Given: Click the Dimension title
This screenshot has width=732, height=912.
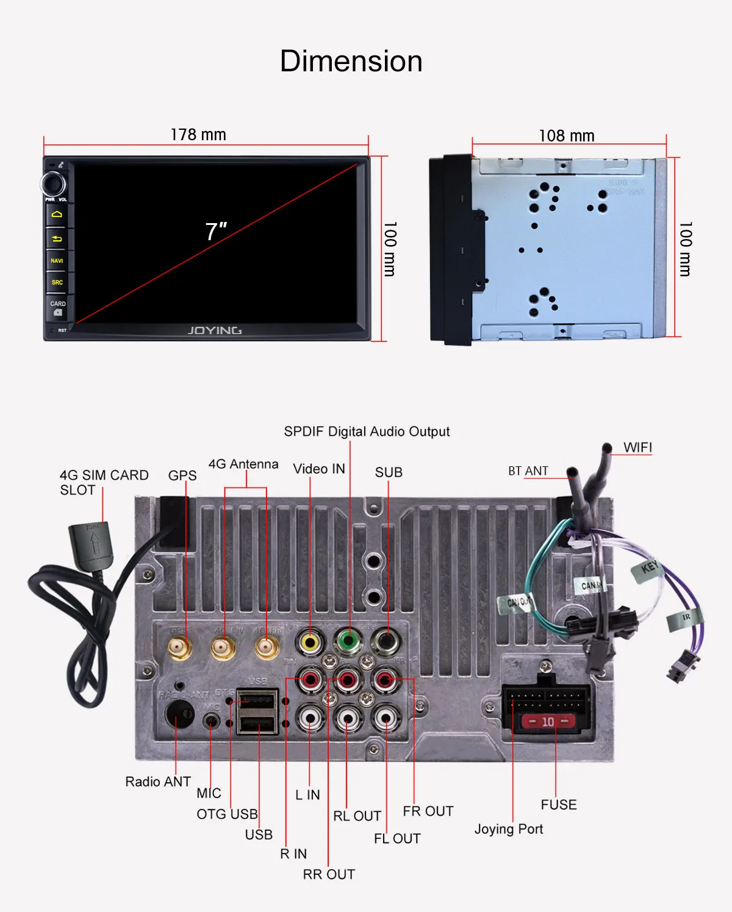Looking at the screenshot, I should click(351, 62).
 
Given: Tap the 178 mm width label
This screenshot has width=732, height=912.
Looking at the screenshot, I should click(198, 135).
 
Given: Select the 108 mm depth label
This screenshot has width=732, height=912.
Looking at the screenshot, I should click(566, 135).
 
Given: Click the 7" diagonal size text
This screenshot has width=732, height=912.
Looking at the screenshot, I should click(216, 232).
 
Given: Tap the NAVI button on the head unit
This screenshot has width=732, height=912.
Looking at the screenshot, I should click(57, 260).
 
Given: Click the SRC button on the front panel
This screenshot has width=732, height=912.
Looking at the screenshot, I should click(57, 282).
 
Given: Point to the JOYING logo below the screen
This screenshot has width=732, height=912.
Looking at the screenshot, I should click(214, 330).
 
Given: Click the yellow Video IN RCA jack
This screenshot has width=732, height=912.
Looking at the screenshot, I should click(310, 641).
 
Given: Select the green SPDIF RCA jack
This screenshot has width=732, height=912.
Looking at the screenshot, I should click(348, 641).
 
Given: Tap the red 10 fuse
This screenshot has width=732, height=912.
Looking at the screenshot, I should click(548, 722).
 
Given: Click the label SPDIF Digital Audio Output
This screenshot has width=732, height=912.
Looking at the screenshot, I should click(367, 432).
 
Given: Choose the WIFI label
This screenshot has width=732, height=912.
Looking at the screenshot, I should click(637, 447).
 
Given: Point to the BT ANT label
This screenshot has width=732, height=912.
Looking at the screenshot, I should click(528, 471).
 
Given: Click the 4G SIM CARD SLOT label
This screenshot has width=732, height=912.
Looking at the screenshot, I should click(104, 482).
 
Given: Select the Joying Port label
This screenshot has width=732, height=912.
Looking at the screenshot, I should click(509, 829).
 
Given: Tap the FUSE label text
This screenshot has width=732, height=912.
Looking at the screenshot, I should click(558, 805).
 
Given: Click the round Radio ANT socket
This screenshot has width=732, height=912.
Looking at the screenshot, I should click(179, 713).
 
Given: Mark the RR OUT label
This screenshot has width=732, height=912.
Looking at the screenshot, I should click(329, 874).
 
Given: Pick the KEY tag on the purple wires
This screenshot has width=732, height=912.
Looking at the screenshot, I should click(649, 569).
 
